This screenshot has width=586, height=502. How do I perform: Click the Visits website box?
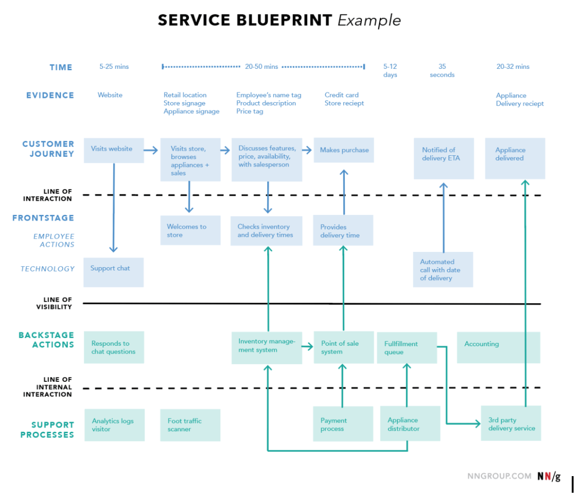(x=114, y=150)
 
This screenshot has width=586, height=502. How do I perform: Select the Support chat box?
(x=114, y=272)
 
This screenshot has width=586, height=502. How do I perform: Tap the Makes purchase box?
(x=344, y=150)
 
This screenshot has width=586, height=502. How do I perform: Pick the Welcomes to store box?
(x=190, y=230)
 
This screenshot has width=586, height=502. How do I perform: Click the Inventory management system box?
(x=267, y=348)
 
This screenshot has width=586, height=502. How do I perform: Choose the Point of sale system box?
(x=344, y=348)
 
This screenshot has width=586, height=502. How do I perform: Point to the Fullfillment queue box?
(x=407, y=348)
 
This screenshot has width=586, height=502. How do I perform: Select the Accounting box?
(x=499, y=348)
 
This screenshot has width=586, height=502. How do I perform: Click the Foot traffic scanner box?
(x=190, y=425)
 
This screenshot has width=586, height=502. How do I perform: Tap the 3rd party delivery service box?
(x=511, y=423)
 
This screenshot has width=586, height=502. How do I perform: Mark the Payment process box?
(x=343, y=424)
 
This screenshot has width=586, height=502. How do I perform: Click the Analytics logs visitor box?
(x=114, y=425)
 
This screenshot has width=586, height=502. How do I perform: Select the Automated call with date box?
(x=443, y=270)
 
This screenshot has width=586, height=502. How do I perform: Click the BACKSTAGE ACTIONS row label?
(x=46, y=340)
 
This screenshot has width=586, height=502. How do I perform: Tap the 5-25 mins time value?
(x=114, y=67)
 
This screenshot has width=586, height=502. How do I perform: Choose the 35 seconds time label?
(x=442, y=71)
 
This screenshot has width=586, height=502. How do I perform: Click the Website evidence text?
(x=110, y=95)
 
